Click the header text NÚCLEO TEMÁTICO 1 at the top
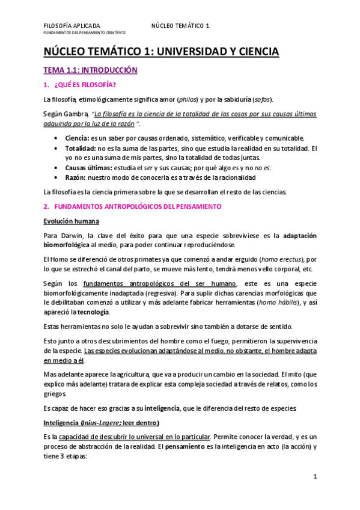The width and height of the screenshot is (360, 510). [180, 25]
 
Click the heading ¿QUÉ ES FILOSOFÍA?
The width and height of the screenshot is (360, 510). [84, 84]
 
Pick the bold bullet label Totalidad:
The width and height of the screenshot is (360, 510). [81, 148]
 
